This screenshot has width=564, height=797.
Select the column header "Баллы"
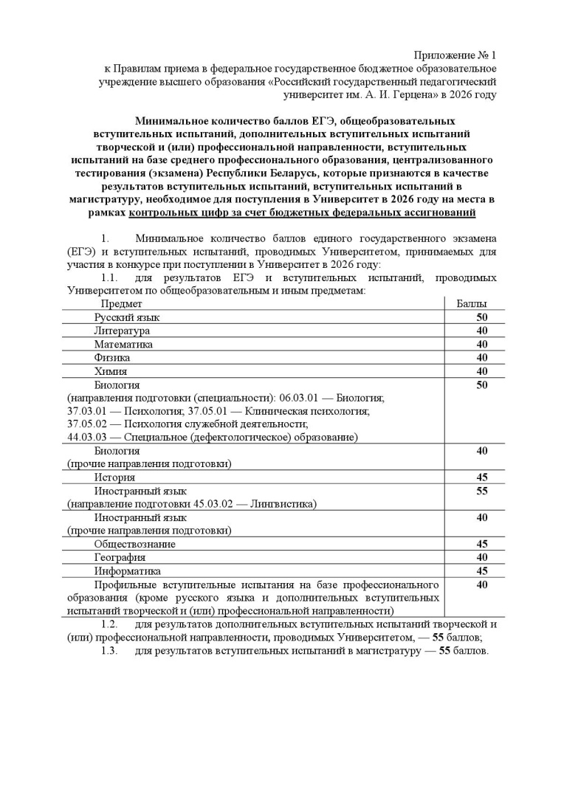471,304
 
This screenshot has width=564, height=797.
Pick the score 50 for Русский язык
482,317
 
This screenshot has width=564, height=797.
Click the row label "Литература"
122,331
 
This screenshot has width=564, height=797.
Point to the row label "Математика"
123,344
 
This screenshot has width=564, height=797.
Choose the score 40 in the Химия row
482,370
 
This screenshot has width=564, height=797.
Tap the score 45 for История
482,477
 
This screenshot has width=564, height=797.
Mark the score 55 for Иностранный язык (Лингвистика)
482,491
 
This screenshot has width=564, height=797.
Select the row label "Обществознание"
134,544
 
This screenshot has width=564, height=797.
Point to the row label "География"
120,557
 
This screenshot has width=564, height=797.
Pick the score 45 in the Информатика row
482,570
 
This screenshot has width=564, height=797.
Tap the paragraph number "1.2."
110,625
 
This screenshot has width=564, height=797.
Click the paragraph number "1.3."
110,651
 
